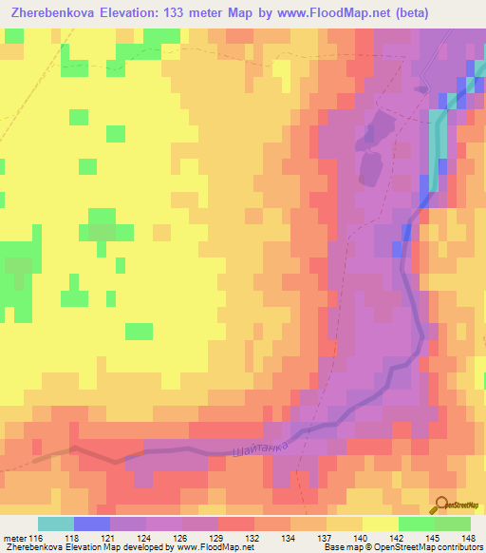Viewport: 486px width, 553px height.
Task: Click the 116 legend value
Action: (37, 538)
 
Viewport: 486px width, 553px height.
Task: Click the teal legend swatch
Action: (55, 524)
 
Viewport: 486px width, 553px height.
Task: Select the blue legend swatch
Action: (91, 524)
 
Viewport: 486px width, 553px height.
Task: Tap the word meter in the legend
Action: (14, 538)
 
